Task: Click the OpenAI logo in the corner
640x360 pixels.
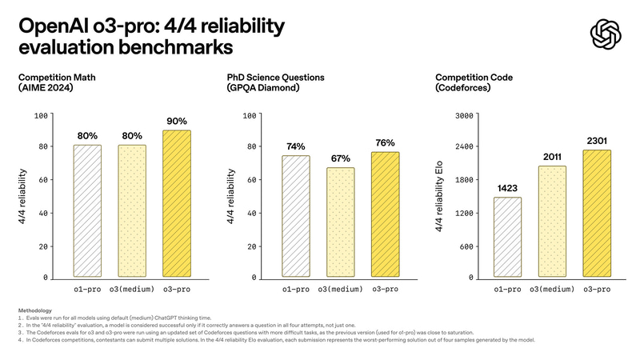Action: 605,34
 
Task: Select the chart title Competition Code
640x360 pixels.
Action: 473,78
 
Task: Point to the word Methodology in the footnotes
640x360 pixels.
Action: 34,310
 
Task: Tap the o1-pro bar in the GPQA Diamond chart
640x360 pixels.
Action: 296,217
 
